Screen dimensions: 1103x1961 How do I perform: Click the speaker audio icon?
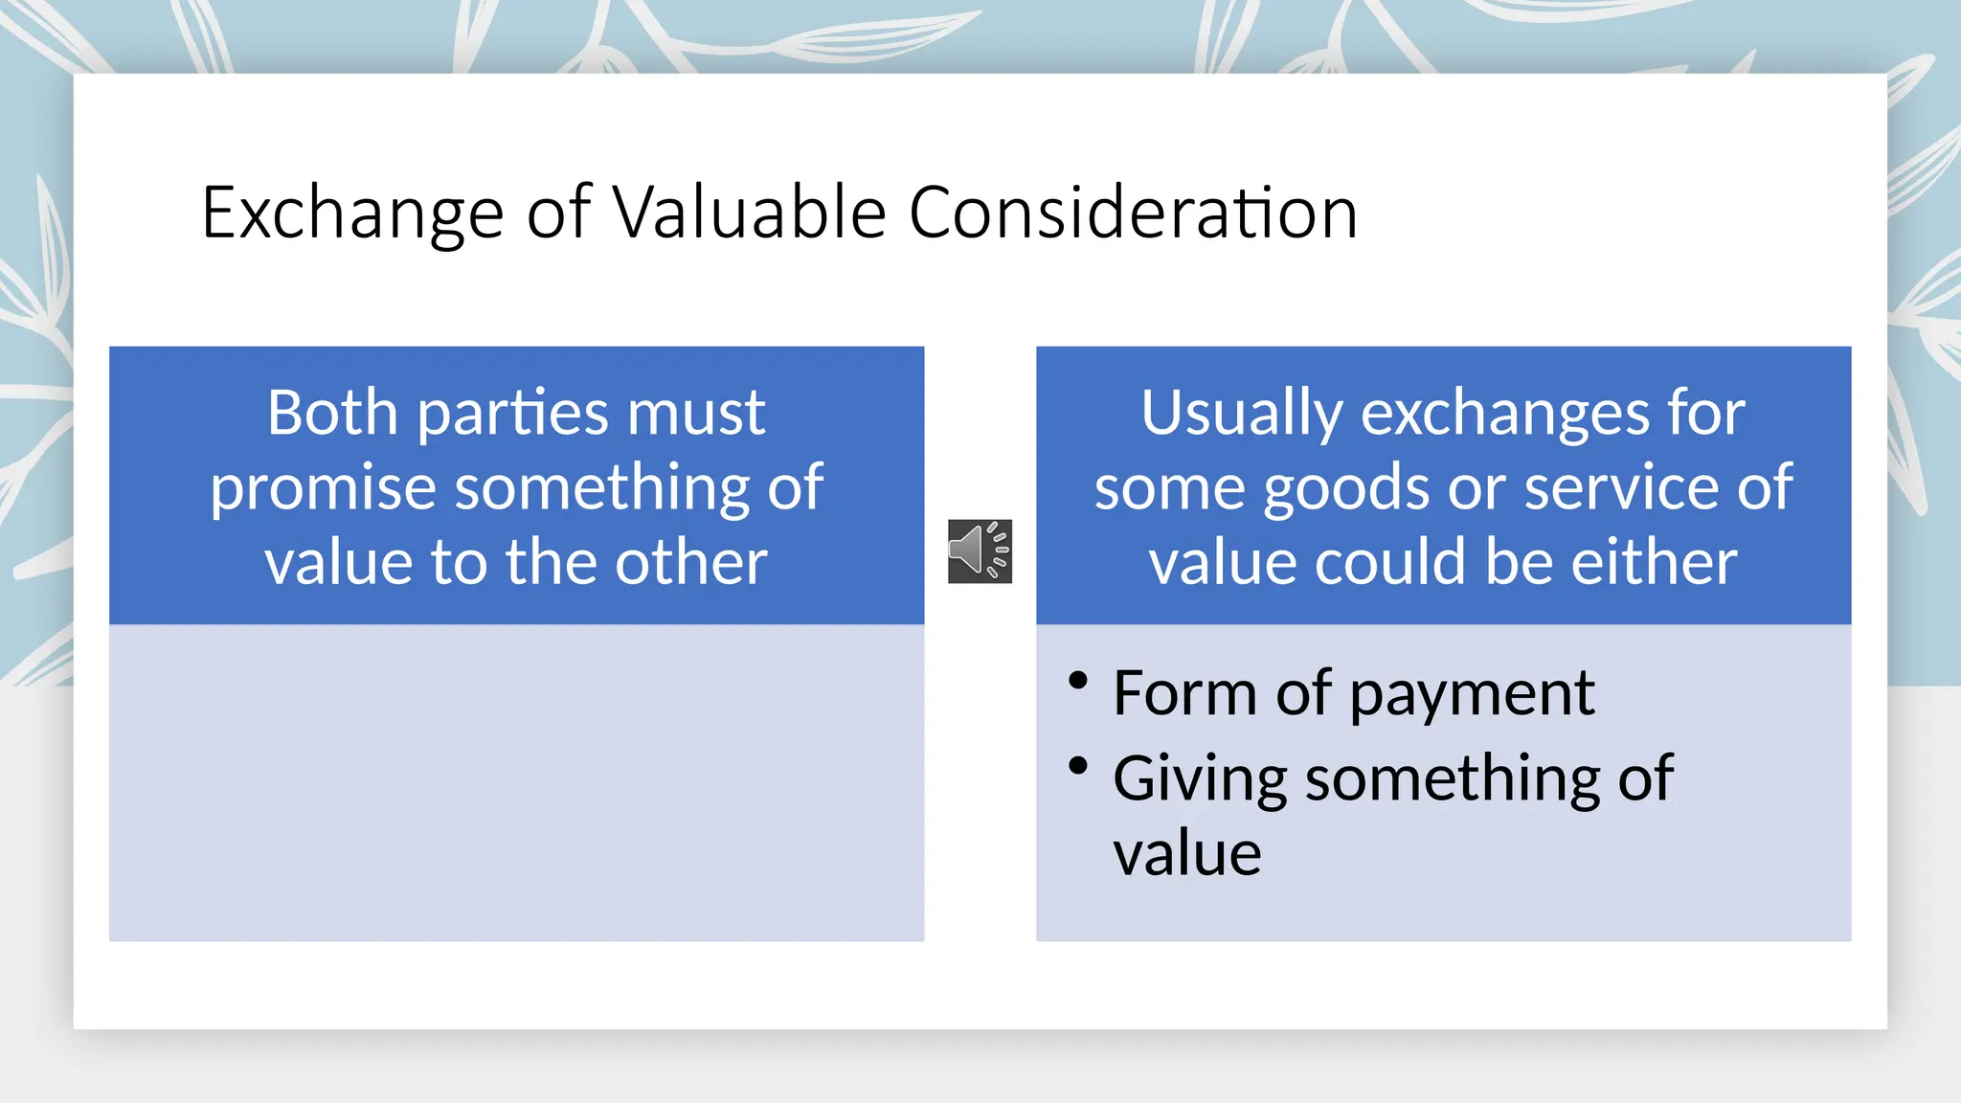(980, 551)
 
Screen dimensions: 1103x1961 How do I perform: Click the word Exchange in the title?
(352, 213)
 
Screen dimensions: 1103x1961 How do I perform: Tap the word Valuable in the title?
(749, 213)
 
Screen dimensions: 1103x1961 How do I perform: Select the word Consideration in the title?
(1133, 213)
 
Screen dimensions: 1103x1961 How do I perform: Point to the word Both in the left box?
(331, 413)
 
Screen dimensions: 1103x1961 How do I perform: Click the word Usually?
(1241, 415)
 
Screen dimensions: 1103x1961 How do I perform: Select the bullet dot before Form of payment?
(1078, 681)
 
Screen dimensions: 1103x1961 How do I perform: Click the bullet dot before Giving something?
(1078, 766)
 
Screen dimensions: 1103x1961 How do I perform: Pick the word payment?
(1472, 694)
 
